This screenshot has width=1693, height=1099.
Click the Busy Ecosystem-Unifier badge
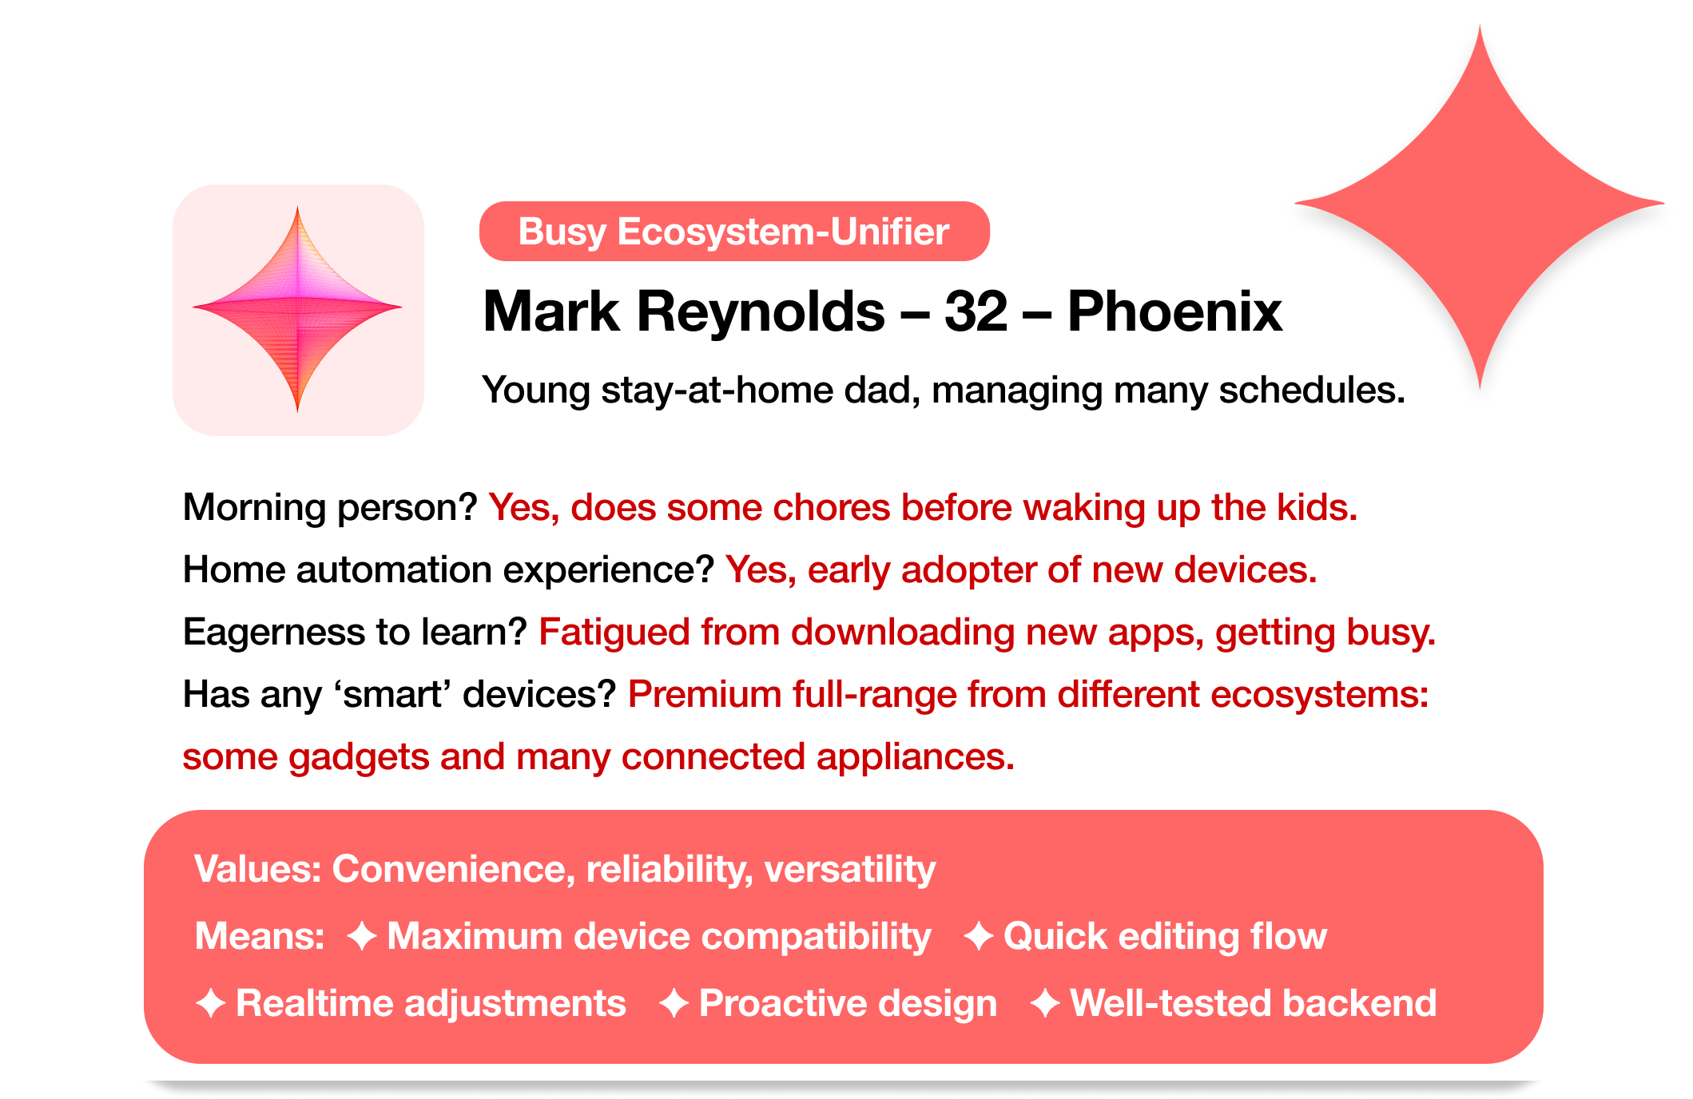coord(734,231)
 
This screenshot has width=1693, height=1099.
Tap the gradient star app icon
coord(298,310)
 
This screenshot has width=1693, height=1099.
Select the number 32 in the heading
coord(976,311)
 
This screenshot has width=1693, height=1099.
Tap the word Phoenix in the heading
coord(1174,311)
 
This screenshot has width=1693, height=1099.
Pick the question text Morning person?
coord(330,507)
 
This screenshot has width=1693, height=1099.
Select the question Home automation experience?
coord(448,569)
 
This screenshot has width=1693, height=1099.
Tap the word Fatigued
coord(614,632)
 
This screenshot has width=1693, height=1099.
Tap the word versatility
coord(850,868)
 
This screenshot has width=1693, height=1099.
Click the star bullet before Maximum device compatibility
coord(362,936)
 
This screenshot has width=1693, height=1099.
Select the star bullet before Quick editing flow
coord(979,936)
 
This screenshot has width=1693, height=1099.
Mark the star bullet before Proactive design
coord(674,1003)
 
